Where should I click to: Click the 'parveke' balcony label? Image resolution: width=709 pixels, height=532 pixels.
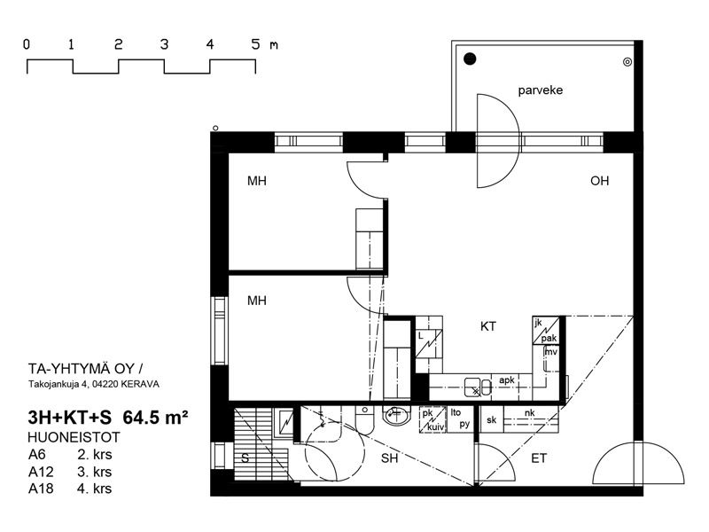(x=541, y=90)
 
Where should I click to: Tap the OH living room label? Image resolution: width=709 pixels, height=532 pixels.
(x=600, y=181)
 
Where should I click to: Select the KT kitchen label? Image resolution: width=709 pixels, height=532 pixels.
(x=488, y=326)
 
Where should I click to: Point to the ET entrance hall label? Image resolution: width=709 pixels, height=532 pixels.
(x=539, y=458)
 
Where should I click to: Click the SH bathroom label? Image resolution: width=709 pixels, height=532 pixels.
(x=389, y=458)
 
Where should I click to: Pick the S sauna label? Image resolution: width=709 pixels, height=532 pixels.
(x=245, y=458)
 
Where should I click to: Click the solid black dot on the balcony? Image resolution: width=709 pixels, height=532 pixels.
(x=471, y=59)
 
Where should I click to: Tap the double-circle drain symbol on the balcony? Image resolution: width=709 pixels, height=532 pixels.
(x=627, y=62)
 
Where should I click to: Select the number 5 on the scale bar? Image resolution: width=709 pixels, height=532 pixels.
(x=256, y=44)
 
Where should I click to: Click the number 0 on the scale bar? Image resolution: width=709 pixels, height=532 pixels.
(x=27, y=44)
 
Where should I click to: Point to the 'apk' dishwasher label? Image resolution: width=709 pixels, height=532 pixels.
(x=506, y=380)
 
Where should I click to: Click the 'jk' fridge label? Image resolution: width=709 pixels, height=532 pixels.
(x=538, y=323)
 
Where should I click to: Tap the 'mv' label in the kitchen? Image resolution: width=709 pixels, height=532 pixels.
(x=550, y=351)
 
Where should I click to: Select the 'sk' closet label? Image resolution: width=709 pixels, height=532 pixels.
(x=492, y=419)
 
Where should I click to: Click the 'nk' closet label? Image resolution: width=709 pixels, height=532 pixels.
(x=529, y=412)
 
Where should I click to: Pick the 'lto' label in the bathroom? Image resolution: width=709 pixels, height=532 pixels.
(x=456, y=412)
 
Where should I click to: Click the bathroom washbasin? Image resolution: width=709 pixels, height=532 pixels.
(x=396, y=415)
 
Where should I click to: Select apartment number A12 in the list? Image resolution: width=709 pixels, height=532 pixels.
(x=41, y=472)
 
